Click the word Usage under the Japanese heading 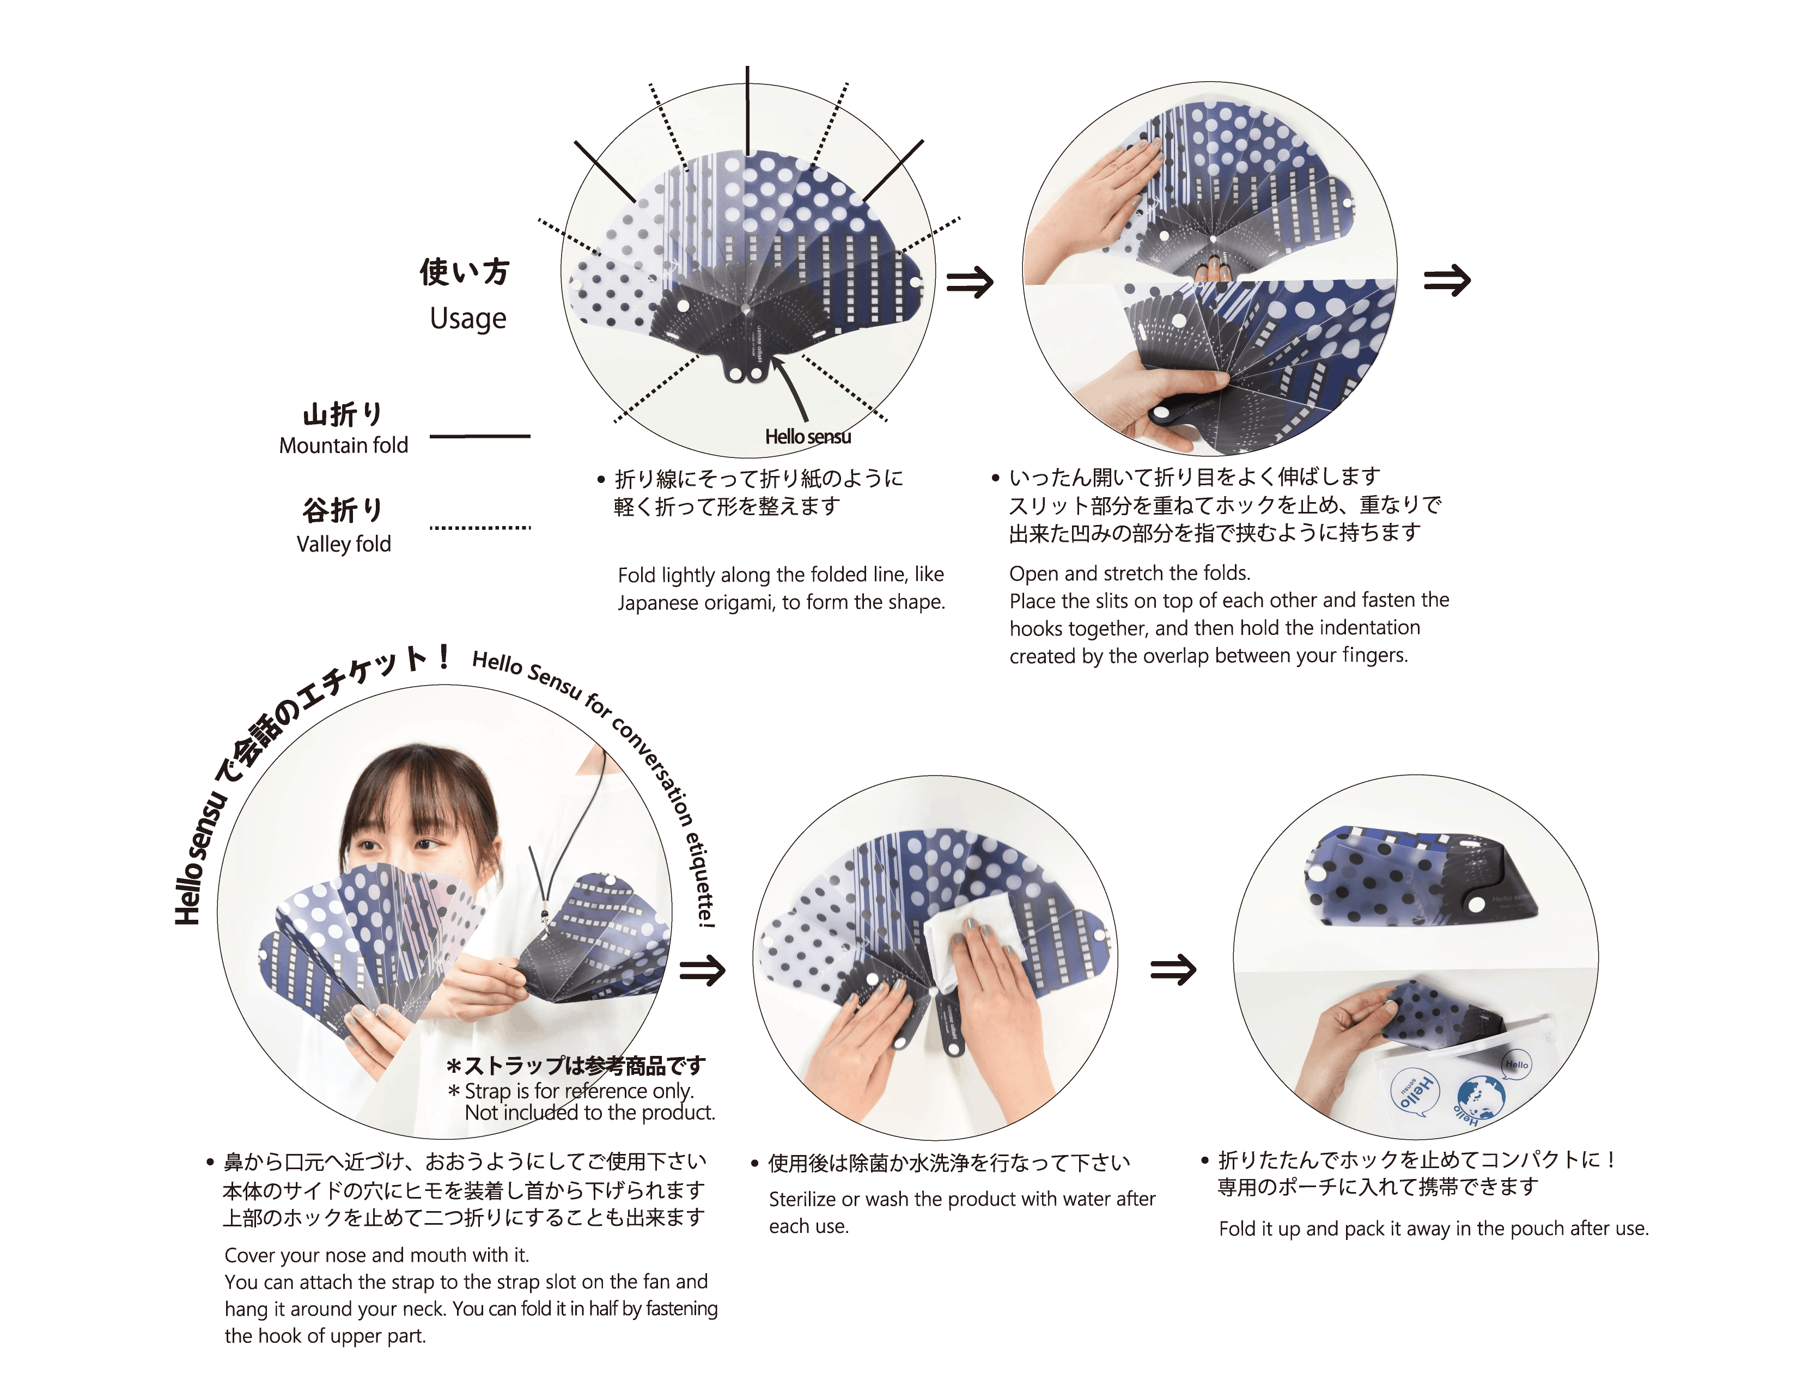(468, 319)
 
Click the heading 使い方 (465, 272)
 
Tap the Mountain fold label (343, 445)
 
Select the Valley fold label (343, 544)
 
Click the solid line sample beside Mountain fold (479, 436)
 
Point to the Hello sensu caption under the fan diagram (808, 437)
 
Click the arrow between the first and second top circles (970, 282)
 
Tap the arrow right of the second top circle (1447, 280)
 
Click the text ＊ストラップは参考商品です (576, 1066)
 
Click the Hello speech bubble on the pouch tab (1516, 1065)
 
